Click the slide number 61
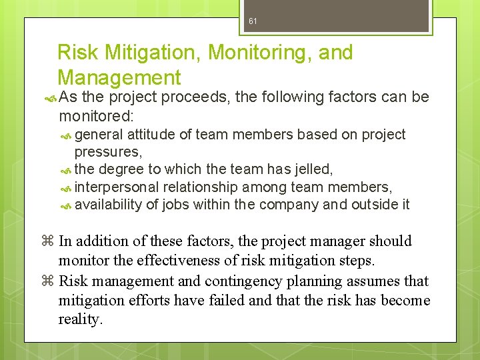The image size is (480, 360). pyautogui.click(x=253, y=21)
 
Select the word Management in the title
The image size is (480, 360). pyautogui.click(x=119, y=77)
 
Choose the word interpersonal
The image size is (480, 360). pyautogui.click(x=117, y=187)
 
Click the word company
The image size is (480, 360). pyautogui.click(x=289, y=205)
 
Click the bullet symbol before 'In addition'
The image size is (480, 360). pyautogui.click(x=49, y=241)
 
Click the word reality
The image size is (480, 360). pyautogui.click(x=80, y=319)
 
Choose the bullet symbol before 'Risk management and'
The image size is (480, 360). pyautogui.click(x=49, y=281)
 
